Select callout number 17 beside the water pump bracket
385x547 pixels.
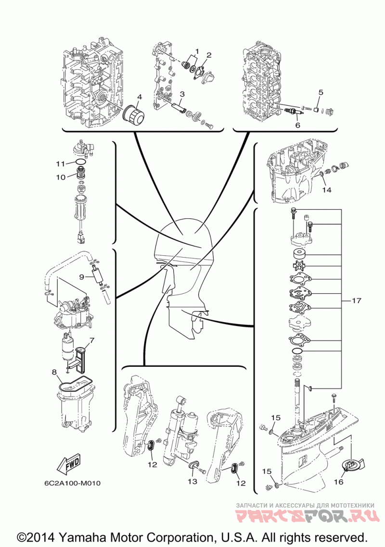click(356, 300)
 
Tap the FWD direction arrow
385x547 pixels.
click(68, 465)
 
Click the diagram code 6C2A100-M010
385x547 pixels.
click(72, 483)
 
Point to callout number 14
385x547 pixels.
click(327, 190)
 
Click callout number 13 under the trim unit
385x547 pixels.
click(192, 482)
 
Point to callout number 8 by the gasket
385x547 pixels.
click(54, 372)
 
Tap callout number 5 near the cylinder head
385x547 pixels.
click(321, 92)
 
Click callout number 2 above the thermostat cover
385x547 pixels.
click(209, 55)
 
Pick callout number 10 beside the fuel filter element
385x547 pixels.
click(61, 177)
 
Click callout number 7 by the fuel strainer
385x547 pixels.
click(92, 339)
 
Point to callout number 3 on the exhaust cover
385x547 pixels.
click(182, 94)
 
